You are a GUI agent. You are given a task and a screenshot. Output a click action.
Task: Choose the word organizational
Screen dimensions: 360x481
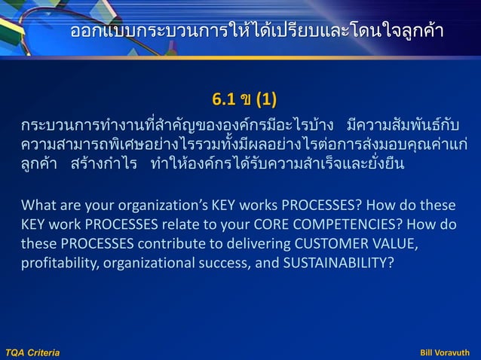click(x=146, y=264)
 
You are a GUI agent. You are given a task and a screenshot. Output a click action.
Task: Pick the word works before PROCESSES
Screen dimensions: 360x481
click(x=254, y=205)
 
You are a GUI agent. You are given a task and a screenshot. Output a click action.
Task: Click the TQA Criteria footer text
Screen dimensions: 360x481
click(x=32, y=352)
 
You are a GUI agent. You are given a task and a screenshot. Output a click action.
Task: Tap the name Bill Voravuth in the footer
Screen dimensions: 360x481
click(x=444, y=352)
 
